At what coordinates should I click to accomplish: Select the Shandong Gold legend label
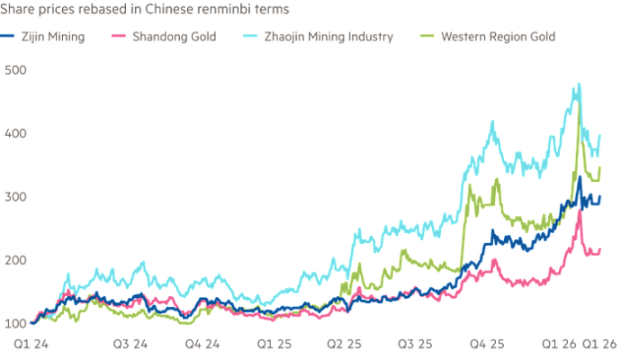175,38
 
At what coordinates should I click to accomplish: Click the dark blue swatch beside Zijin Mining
10,38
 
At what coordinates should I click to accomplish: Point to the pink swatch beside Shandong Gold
116,38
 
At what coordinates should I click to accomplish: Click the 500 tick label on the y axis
13,69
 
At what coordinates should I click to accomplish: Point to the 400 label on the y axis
13,132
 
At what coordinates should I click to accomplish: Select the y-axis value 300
13,196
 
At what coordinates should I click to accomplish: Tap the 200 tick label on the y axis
13,259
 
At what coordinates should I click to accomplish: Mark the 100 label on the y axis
13,322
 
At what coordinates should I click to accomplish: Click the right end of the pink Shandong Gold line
602,248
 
